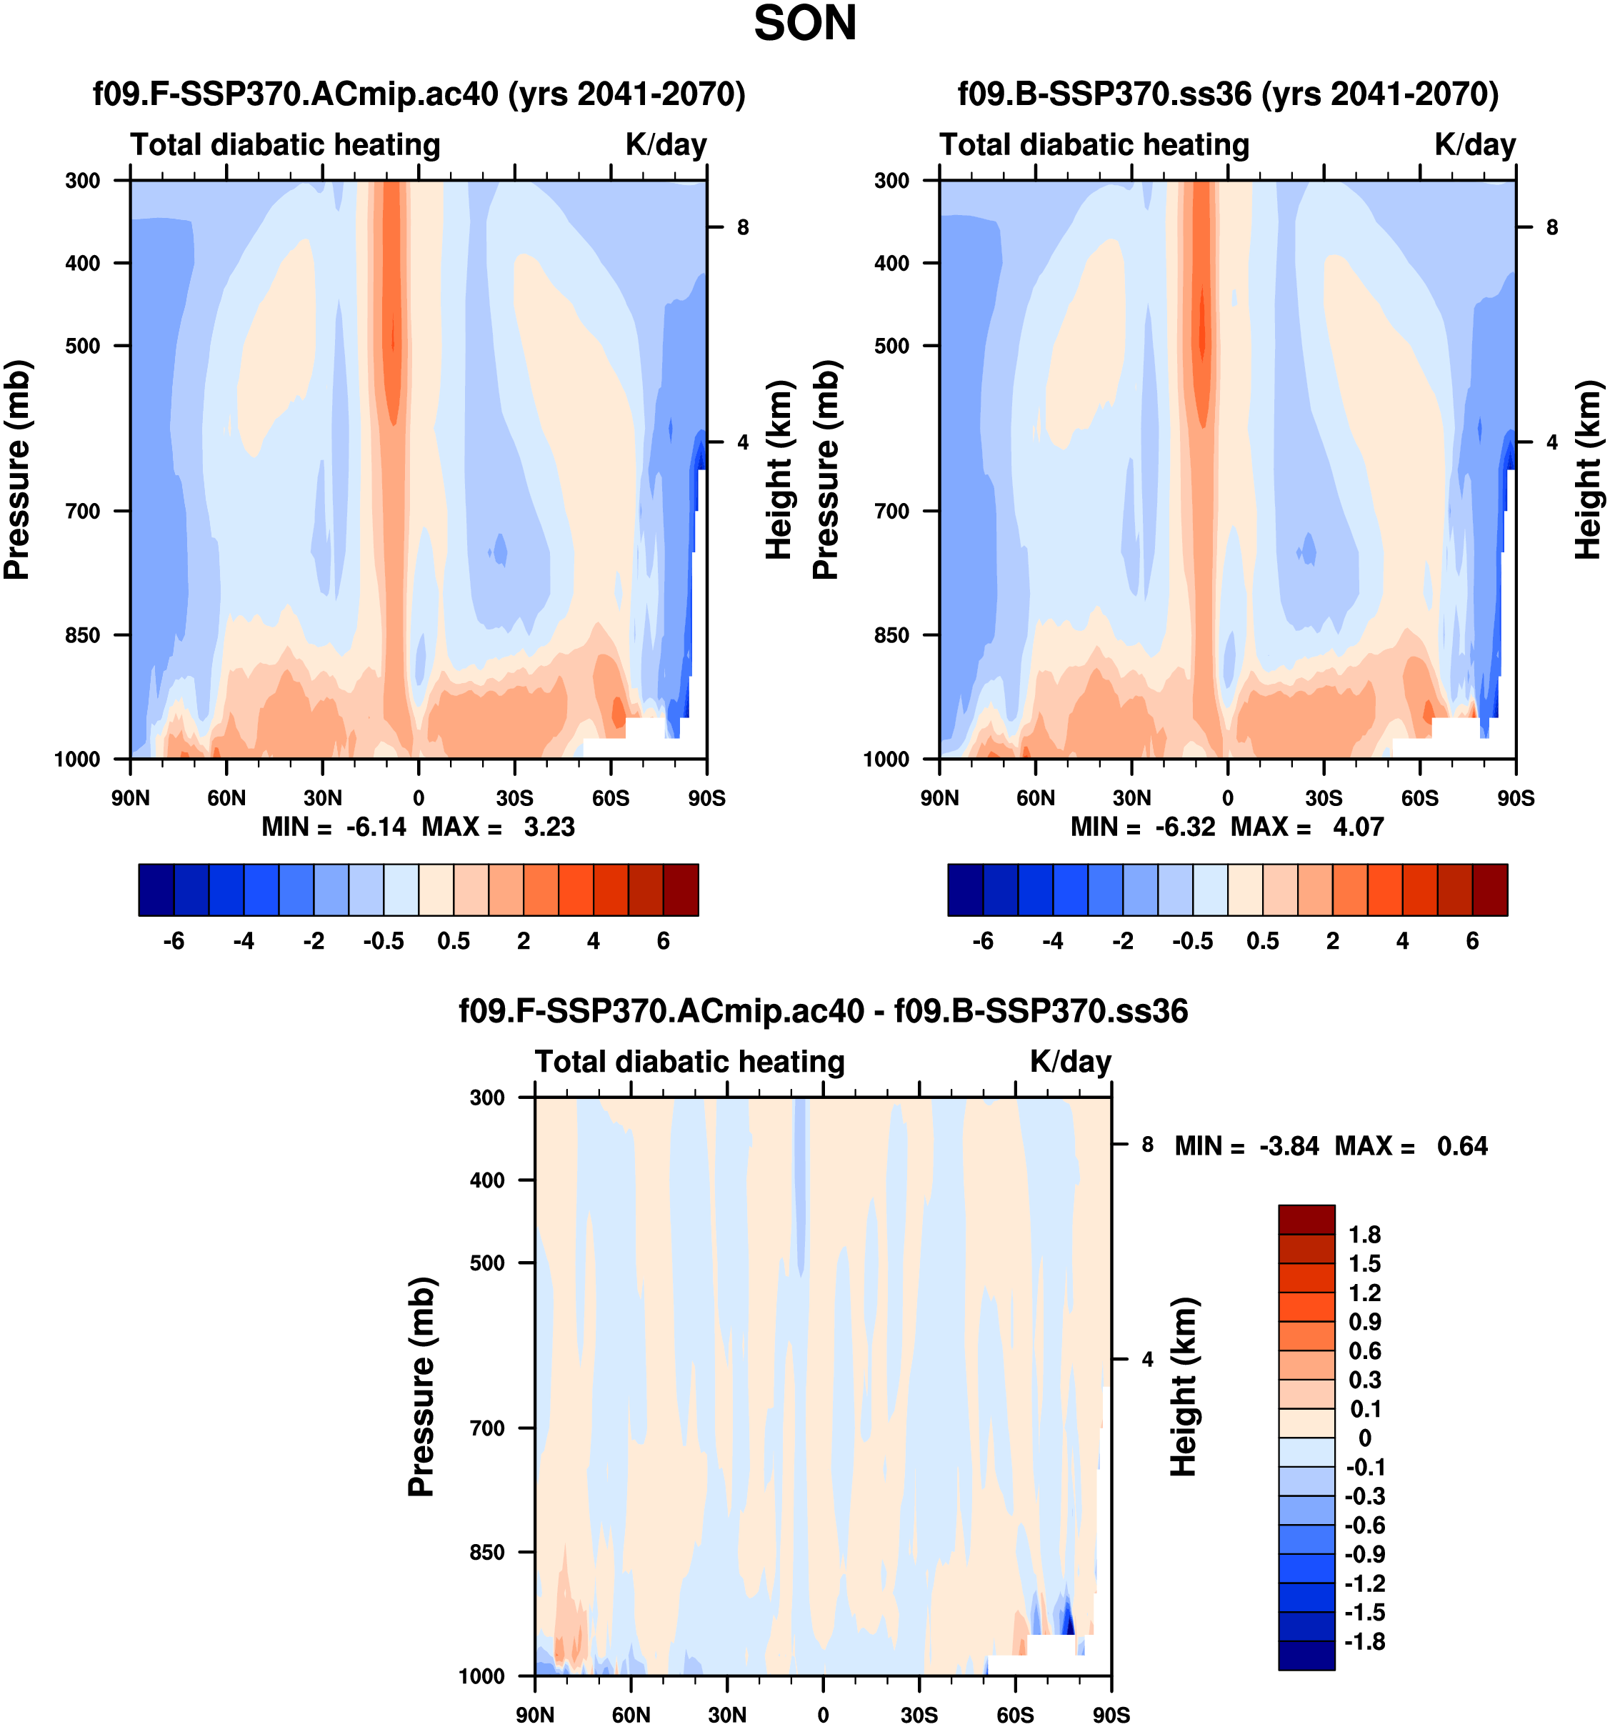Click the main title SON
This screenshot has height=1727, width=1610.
click(804, 24)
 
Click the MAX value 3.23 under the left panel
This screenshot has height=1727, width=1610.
click(549, 826)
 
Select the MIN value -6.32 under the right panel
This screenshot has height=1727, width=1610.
click(1184, 826)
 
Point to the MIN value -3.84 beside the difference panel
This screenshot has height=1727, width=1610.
click(1289, 1146)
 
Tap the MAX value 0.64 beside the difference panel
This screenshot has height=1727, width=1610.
click(1462, 1146)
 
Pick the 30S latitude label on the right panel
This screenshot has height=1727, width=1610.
click(1324, 797)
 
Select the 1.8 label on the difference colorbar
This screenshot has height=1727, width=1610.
click(1364, 1235)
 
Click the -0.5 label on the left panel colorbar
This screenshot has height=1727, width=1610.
click(384, 941)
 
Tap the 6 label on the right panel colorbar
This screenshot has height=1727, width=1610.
click(1473, 941)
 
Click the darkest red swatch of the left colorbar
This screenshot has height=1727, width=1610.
click(681, 890)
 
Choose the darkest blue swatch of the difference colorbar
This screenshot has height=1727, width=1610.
click(1306, 1655)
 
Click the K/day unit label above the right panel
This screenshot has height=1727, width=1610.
click(1474, 144)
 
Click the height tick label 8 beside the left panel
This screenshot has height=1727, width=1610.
click(742, 228)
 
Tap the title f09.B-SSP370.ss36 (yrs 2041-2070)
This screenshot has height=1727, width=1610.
click(1228, 94)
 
